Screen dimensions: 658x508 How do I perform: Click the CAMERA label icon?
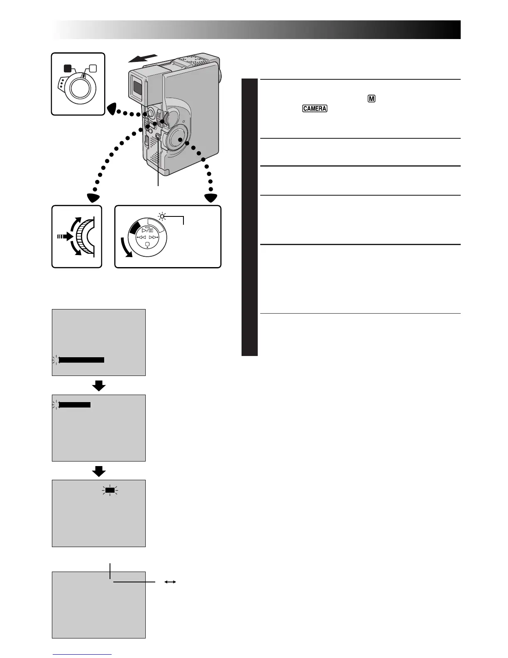click(315, 108)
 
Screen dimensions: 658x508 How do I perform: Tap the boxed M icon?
click(371, 99)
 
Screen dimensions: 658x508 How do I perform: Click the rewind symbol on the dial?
click(141, 238)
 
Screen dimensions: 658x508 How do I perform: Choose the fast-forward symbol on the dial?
click(154, 238)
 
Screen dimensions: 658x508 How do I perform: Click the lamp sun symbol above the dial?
click(162, 216)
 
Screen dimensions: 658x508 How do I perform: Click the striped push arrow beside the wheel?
click(65, 236)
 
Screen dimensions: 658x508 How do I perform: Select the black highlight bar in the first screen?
click(81, 360)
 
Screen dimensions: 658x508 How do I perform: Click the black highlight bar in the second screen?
click(75, 405)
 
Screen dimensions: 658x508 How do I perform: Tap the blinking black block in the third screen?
click(110, 491)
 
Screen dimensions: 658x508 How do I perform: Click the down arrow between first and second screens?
click(99, 386)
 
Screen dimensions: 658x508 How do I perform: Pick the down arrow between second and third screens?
click(99, 471)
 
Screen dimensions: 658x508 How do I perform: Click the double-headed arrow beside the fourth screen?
click(170, 582)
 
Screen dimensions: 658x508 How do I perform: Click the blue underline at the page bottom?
click(82, 654)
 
